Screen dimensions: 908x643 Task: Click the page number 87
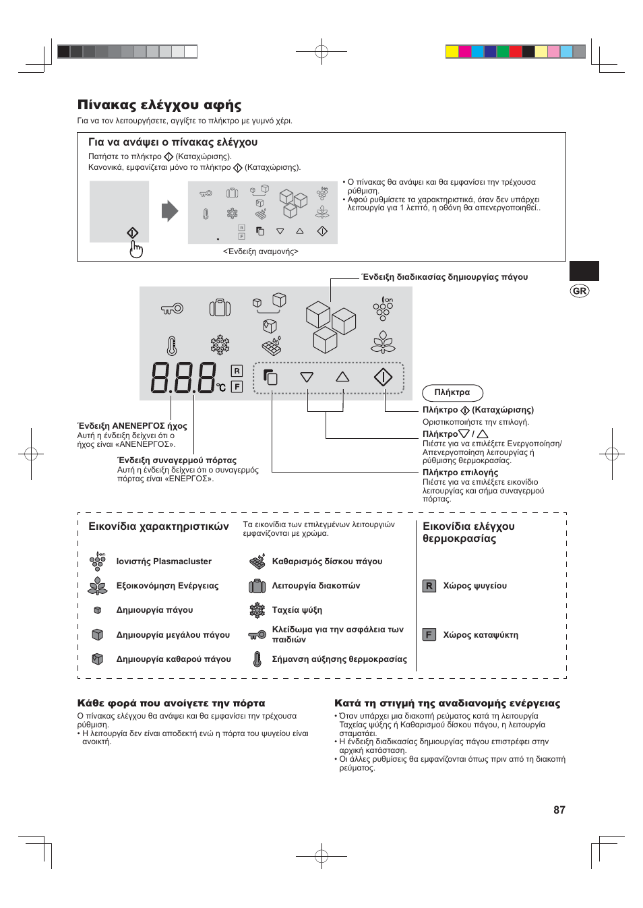(x=559, y=810)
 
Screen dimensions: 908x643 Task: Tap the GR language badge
(x=579, y=291)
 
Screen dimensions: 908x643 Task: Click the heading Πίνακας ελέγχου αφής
(x=159, y=105)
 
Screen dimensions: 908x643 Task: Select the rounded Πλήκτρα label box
(x=452, y=392)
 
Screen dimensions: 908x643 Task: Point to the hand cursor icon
(x=136, y=249)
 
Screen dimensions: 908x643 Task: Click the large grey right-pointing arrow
(x=169, y=211)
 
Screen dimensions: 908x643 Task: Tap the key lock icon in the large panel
(x=172, y=309)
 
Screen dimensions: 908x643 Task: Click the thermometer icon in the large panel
(x=172, y=346)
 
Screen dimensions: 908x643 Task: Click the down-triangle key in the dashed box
(x=307, y=377)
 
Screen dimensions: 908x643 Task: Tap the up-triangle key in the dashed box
(x=342, y=377)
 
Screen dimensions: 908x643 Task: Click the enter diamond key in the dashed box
(x=383, y=377)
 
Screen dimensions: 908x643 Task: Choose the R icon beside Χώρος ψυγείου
(x=429, y=586)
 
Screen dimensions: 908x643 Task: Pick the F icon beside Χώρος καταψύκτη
(x=429, y=635)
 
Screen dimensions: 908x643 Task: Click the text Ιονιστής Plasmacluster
(x=164, y=562)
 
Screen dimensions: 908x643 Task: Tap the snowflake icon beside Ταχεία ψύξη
(x=257, y=610)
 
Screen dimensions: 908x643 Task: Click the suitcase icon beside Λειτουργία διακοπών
(x=257, y=586)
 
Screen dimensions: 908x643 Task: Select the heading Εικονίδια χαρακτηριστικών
(x=158, y=526)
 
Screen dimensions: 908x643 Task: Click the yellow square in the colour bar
(x=452, y=52)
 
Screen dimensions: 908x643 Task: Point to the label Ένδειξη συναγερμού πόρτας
(x=177, y=460)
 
